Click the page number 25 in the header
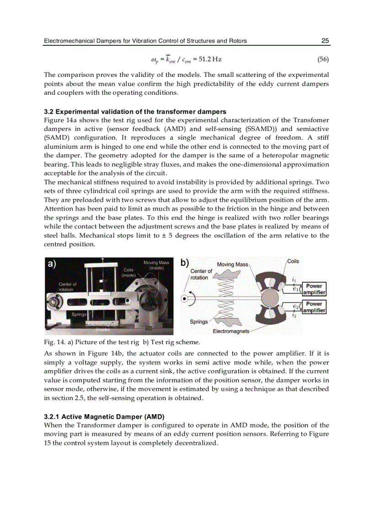coord(325,41)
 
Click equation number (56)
coord(323,60)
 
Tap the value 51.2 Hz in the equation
coord(210,60)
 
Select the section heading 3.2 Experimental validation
coord(135,112)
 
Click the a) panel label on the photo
coord(52,264)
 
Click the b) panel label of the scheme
coord(185,263)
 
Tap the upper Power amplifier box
coord(314,289)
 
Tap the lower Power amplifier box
coord(314,307)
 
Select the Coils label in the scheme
coord(293,261)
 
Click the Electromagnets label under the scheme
coord(231,331)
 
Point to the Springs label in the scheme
coord(198,322)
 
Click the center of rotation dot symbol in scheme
coord(185,299)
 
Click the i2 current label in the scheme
coord(294,315)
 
